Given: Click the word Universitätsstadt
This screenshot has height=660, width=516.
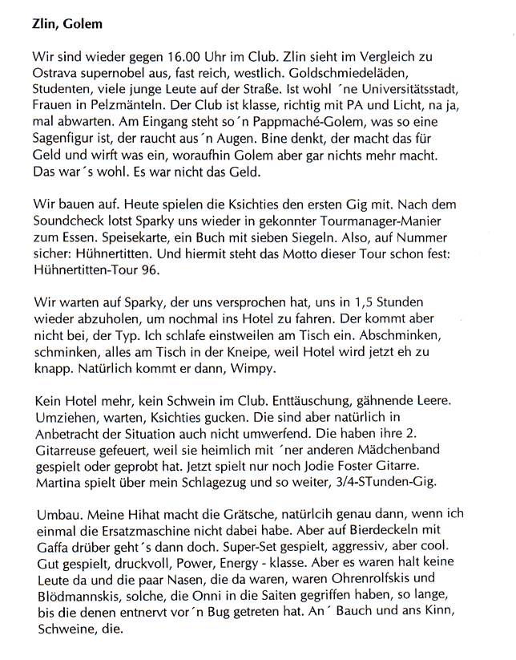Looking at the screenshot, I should pos(424,94).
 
